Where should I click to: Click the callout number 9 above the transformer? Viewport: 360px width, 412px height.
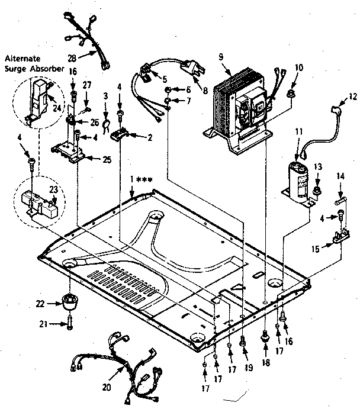(x=220, y=57)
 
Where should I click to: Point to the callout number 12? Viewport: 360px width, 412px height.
(x=353, y=96)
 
